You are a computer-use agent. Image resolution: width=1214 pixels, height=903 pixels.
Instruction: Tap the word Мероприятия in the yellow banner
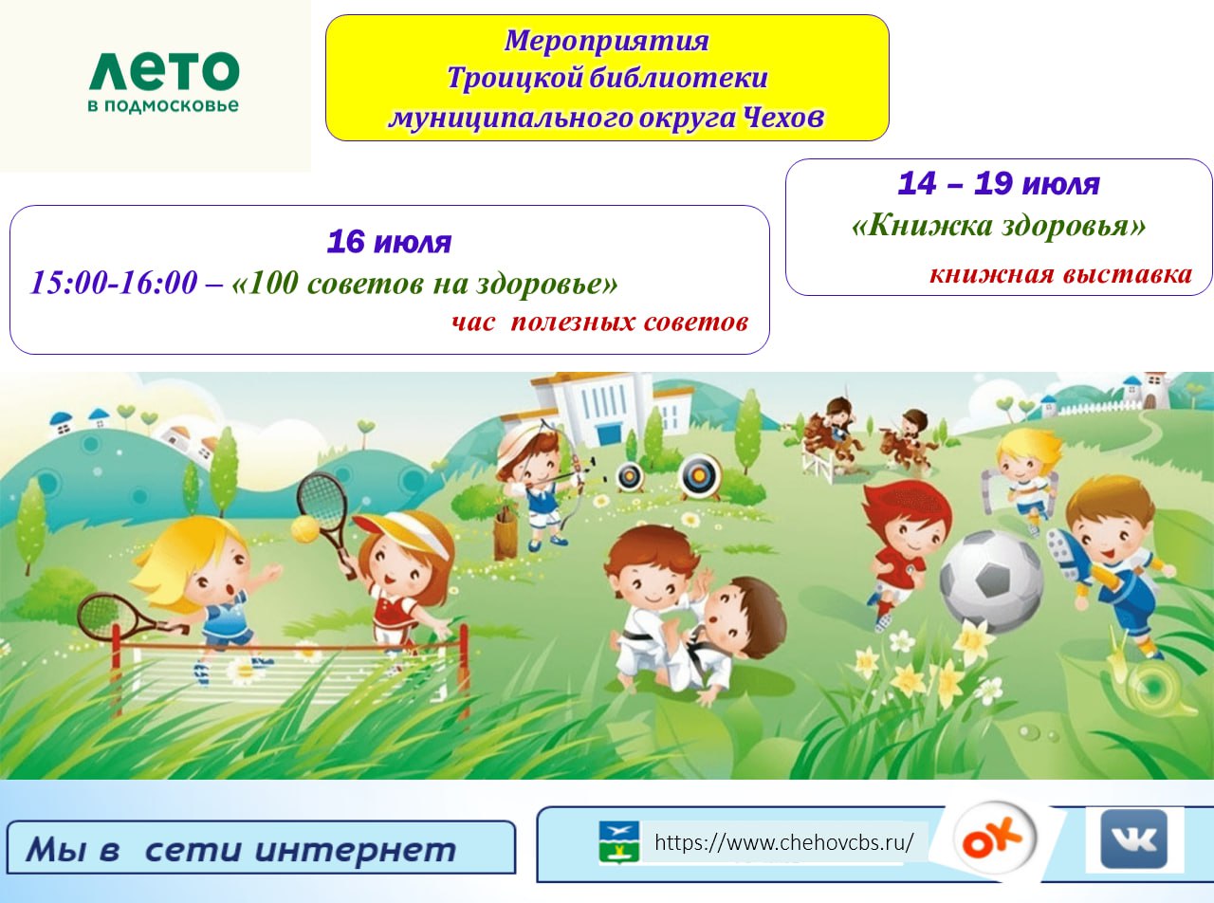tap(606, 41)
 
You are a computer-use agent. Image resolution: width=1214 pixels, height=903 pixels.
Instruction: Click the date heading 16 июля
tap(389, 242)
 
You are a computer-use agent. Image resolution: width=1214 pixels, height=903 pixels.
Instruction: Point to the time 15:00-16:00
tap(113, 283)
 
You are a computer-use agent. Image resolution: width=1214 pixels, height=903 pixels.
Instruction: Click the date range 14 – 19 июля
tap(999, 183)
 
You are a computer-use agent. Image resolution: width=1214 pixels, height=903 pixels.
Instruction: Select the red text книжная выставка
tap(1060, 274)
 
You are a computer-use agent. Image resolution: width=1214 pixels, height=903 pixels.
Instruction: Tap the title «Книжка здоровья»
tap(999, 226)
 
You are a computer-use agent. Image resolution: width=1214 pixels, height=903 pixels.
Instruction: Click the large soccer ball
tap(991, 581)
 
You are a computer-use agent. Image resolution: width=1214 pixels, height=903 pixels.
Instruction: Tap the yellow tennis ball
tap(304, 528)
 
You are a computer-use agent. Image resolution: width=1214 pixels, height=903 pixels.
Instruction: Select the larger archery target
tap(700, 476)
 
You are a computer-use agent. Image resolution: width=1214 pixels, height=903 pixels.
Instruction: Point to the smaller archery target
tap(630, 476)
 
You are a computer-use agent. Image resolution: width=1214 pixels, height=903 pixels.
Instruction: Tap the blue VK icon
tap(1134, 838)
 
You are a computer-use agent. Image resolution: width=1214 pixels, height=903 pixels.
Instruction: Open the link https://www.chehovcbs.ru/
tap(783, 842)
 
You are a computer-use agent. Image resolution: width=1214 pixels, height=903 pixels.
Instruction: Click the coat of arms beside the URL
tap(619, 842)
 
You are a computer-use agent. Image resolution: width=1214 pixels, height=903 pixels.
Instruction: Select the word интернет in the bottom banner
tap(356, 849)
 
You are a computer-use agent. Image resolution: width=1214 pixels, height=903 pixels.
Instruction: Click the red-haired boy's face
tap(913, 531)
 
